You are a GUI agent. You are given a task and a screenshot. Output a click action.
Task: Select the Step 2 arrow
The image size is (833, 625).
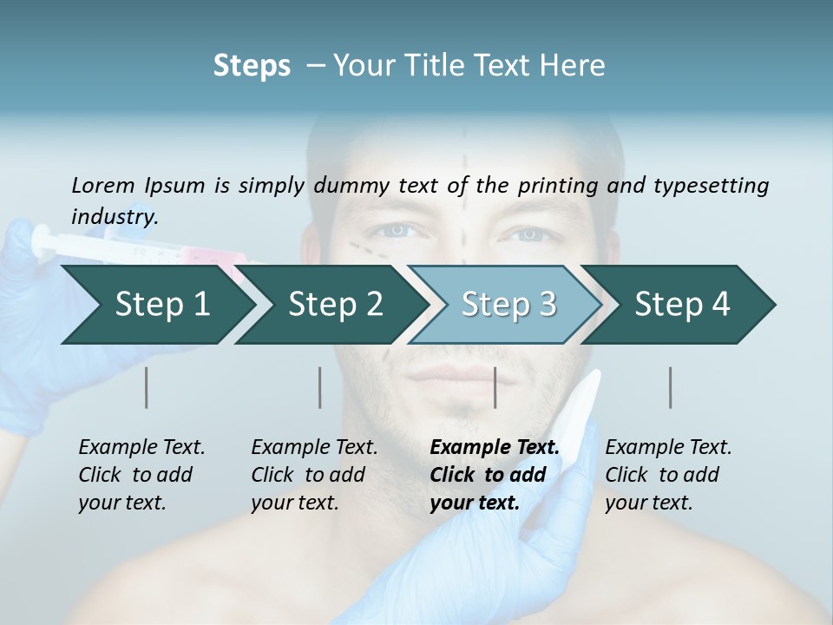click(335, 304)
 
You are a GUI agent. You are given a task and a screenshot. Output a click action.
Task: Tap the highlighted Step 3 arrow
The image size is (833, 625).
click(508, 304)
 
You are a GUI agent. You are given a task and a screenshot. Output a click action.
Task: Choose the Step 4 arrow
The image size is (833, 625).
click(682, 304)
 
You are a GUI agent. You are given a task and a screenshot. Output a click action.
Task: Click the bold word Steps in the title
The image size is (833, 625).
click(252, 65)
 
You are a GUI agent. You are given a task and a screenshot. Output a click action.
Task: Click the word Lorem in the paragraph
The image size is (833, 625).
click(103, 185)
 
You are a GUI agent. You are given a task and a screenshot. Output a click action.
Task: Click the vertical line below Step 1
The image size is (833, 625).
click(146, 387)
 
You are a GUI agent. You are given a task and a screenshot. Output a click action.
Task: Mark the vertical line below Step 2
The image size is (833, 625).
click(320, 387)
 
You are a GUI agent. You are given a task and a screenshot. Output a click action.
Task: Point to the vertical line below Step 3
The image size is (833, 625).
click(495, 387)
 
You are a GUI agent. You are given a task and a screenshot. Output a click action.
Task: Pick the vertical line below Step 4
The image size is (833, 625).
click(670, 387)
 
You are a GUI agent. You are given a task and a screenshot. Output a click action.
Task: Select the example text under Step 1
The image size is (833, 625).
click(141, 475)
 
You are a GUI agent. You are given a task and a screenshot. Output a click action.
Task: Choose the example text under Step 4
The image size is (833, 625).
click(668, 475)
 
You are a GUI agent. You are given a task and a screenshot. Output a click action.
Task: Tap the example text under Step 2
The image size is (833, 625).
click(314, 475)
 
